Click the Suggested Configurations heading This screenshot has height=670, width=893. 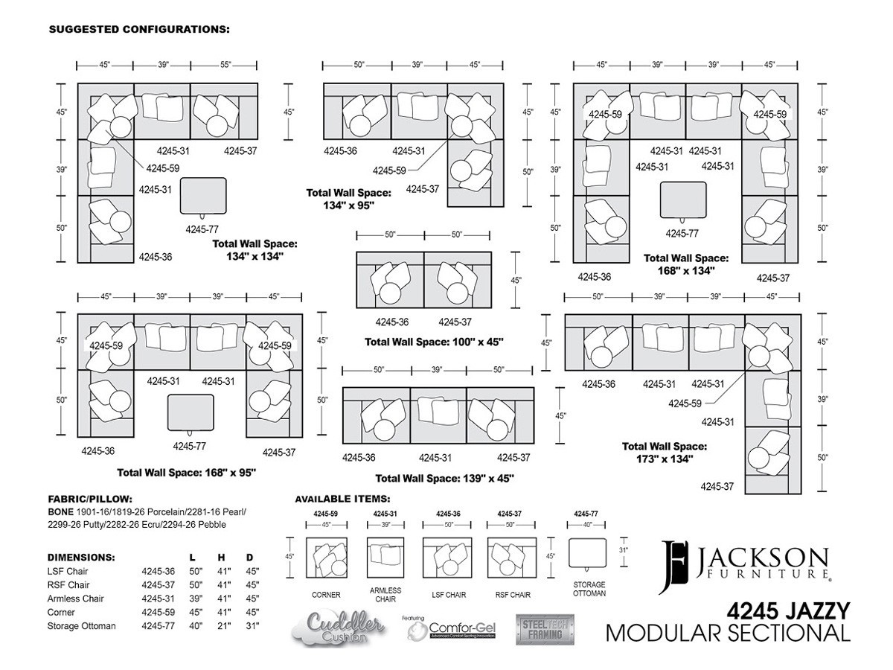pyautogui.click(x=139, y=29)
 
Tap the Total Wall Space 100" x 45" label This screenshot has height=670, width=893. pyautogui.click(x=434, y=342)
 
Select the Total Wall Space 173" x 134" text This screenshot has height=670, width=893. pyautogui.click(x=665, y=453)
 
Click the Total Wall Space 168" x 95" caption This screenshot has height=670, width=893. pyautogui.click(x=186, y=472)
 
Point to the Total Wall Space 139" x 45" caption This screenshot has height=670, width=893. pyautogui.click(x=444, y=478)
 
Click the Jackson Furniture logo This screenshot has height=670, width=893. pyautogui.click(x=744, y=567)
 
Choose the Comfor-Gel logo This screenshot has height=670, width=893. pyautogui.click(x=451, y=628)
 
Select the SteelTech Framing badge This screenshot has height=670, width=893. pyautogui.click(x=545, y=629)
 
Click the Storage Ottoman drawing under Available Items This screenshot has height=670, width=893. pyautogui.click(x=587, y=553)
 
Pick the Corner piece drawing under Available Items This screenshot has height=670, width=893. pyautogui.click(x=326, y=558)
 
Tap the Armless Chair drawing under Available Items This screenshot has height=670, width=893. pyautogui.click(x=385, y=558)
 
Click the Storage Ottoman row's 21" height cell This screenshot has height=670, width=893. pyautogui.click(x=223, y=625)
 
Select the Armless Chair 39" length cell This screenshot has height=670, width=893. pyautogui.click(x=196, y=599)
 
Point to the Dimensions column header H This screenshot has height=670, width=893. pyautogui.click(x=221, y=558)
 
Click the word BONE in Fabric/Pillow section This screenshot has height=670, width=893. pyautogui.click(x=60, y=511)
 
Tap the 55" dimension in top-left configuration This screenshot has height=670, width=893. pyautogui.click(x=225, y=65)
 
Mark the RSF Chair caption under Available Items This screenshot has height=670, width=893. pyautogui.click(x=513, y=595)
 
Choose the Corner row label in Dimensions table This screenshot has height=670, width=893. pyautogui.click(x=61, y=612)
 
